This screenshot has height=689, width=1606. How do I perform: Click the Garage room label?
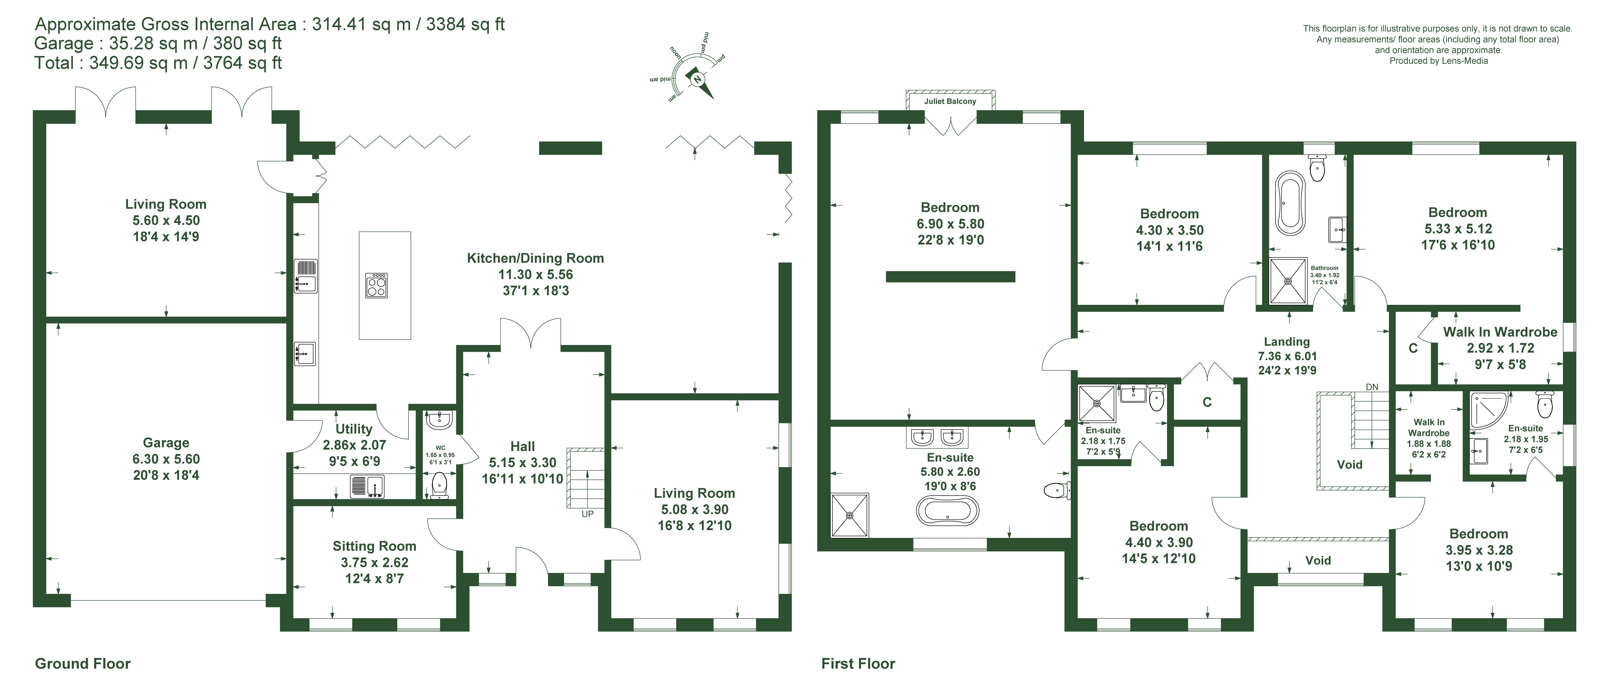tap(166, 443)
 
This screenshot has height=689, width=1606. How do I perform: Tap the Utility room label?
tap(354, 429)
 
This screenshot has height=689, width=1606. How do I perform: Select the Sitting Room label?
tap(374, 546)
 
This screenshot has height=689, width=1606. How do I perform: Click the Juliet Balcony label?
tap(950, 101)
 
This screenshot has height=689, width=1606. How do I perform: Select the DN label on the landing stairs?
tap(1372, 387)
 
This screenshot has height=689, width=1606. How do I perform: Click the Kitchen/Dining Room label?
tap(536, 258)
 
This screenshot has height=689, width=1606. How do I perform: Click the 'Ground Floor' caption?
tap(83, 663)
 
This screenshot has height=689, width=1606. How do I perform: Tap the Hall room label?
tap(522, 446)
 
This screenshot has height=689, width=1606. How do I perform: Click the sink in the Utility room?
tap(367, 486)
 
